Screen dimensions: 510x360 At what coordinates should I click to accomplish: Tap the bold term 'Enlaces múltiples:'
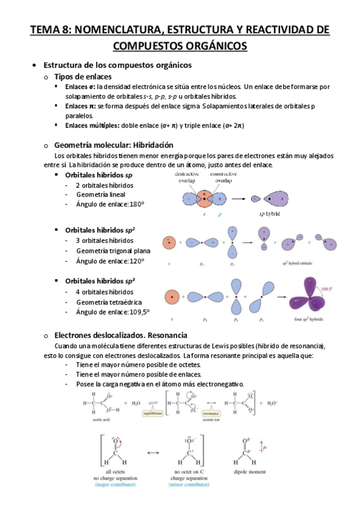pyautogui.click(x=91, y=125)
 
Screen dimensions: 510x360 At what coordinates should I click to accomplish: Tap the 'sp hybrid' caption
pyautogui.click(x=268, y=214)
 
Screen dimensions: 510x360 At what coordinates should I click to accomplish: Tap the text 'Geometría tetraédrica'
pyautogui.click(x=109, y=302)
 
